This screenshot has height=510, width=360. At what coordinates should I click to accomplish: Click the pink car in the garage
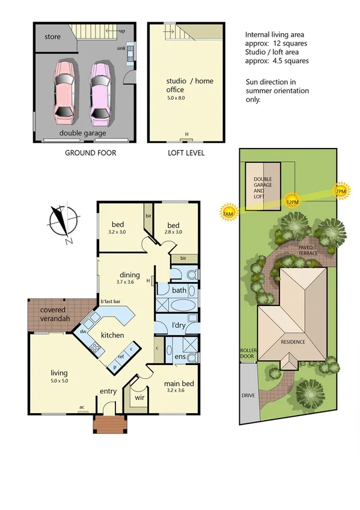click(64, 90)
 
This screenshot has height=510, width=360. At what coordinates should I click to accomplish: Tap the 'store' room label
click(53, 37)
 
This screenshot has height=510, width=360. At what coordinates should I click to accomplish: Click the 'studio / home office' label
click(190, 85)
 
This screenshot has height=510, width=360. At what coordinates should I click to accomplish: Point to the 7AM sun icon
click(227, 214)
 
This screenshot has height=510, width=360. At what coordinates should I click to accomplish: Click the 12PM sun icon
click(293, 201)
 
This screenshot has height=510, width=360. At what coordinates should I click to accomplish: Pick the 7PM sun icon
click(340, 192)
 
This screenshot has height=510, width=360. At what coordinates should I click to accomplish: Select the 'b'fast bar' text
click(111, 301)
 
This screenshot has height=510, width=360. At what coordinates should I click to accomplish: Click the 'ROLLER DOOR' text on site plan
click(248, 354)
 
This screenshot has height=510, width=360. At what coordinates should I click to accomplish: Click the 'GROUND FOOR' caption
click(90, 153)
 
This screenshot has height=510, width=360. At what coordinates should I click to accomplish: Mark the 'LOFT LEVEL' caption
click(186, 153)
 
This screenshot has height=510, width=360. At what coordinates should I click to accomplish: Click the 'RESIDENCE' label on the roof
click(293, 342)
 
